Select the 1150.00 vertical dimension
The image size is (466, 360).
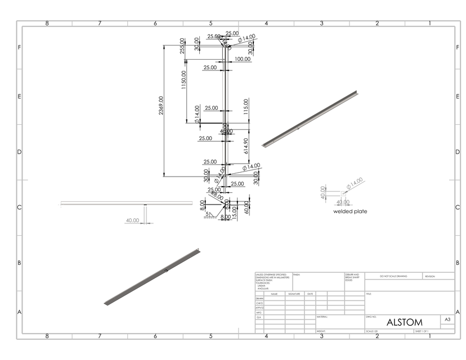pyautogui.click(x=183, y=82)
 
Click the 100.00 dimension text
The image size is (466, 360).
pyautogui.click(x=243, y=59)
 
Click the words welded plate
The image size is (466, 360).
pyautogui.click(x=349, y=211)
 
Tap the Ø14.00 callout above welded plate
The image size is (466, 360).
pyautogui.click(x=355, y=183)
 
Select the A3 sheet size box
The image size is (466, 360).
pyautogui.click(x=447, y=319)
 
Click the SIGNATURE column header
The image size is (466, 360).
pyautogui.click(x=294, y=294)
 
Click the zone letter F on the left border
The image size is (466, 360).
pyautogui.click(x=20, y=47)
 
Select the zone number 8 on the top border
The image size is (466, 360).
pyautogui.click(x=47, y=24)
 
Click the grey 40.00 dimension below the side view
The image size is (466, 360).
pyautogui.click(x=132, y=220)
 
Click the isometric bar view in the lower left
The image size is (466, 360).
pyautogui.click(x=152, y=277)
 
